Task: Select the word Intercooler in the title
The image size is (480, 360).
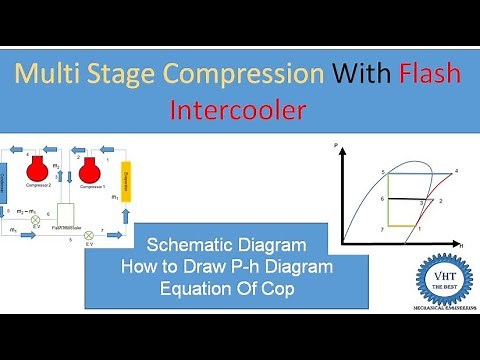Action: click(240, 108)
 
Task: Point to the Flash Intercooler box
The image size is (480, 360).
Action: click(69, 215)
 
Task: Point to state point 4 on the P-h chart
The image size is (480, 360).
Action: click(456, 172)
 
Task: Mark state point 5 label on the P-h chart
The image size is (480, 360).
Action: click(383, 173)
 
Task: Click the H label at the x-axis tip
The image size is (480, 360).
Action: click(460, 243)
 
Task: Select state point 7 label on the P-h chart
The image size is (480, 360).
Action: click(382, 230)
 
